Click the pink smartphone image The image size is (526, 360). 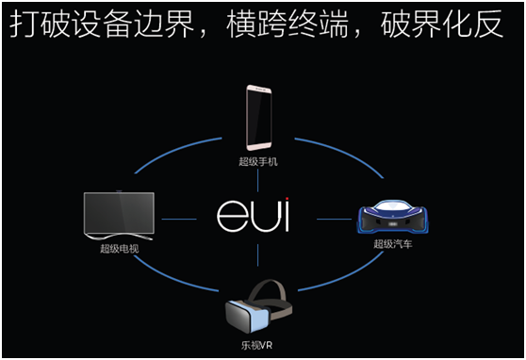tap(258, 118)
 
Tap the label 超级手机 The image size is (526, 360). tap(257, 161)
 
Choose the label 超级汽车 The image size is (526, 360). tap(392, 243)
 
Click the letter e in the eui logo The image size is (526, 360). tap(232, 216)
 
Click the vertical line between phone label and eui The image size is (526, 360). tap(257, 182)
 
